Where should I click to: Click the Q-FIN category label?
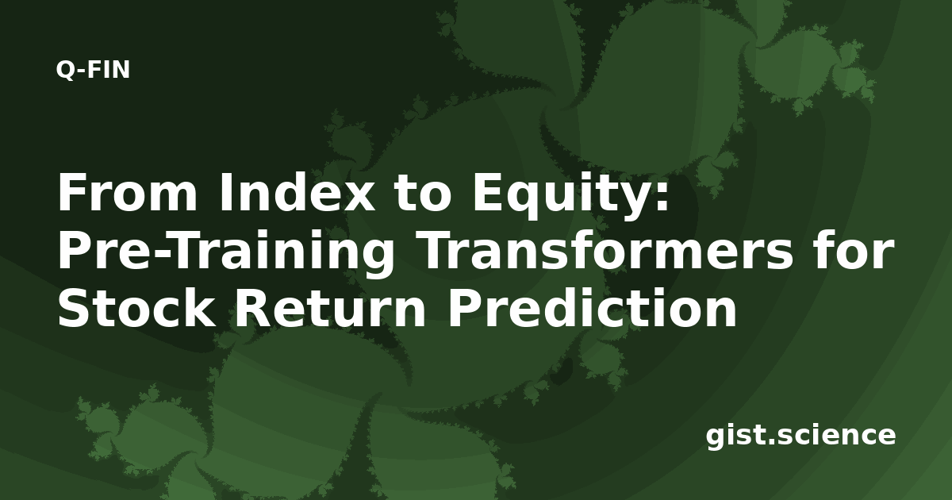tap(93, 70)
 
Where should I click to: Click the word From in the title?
tap(128, 193)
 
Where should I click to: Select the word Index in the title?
tap(297, 192)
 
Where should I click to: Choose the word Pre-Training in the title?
tap(225, 253)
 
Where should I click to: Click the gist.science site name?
tap(800, 437)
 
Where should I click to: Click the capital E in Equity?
tap(489, 193)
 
